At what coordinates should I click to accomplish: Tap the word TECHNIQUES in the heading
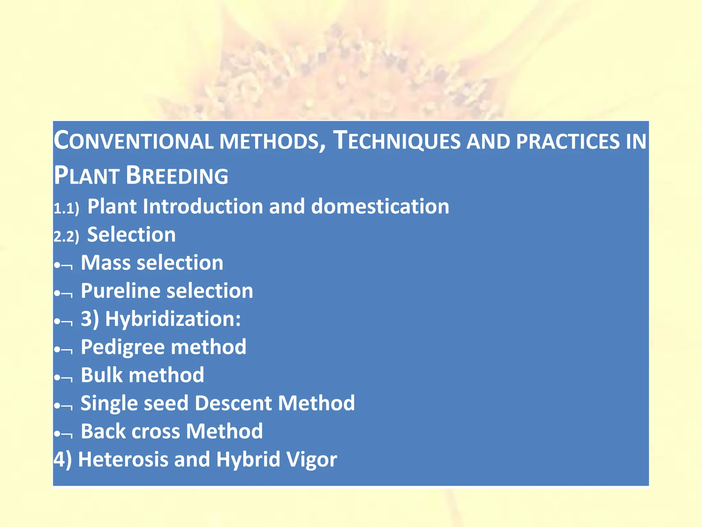point(397,141)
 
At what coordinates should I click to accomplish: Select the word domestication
point(380,207)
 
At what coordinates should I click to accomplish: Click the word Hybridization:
point(173,319)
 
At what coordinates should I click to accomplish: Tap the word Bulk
point(101,375)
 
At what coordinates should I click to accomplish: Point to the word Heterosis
point(123,459)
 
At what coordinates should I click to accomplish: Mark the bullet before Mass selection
point(57,265)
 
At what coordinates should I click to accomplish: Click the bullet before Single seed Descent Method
point(57,406)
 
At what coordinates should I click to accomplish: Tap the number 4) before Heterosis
point(63,459)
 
